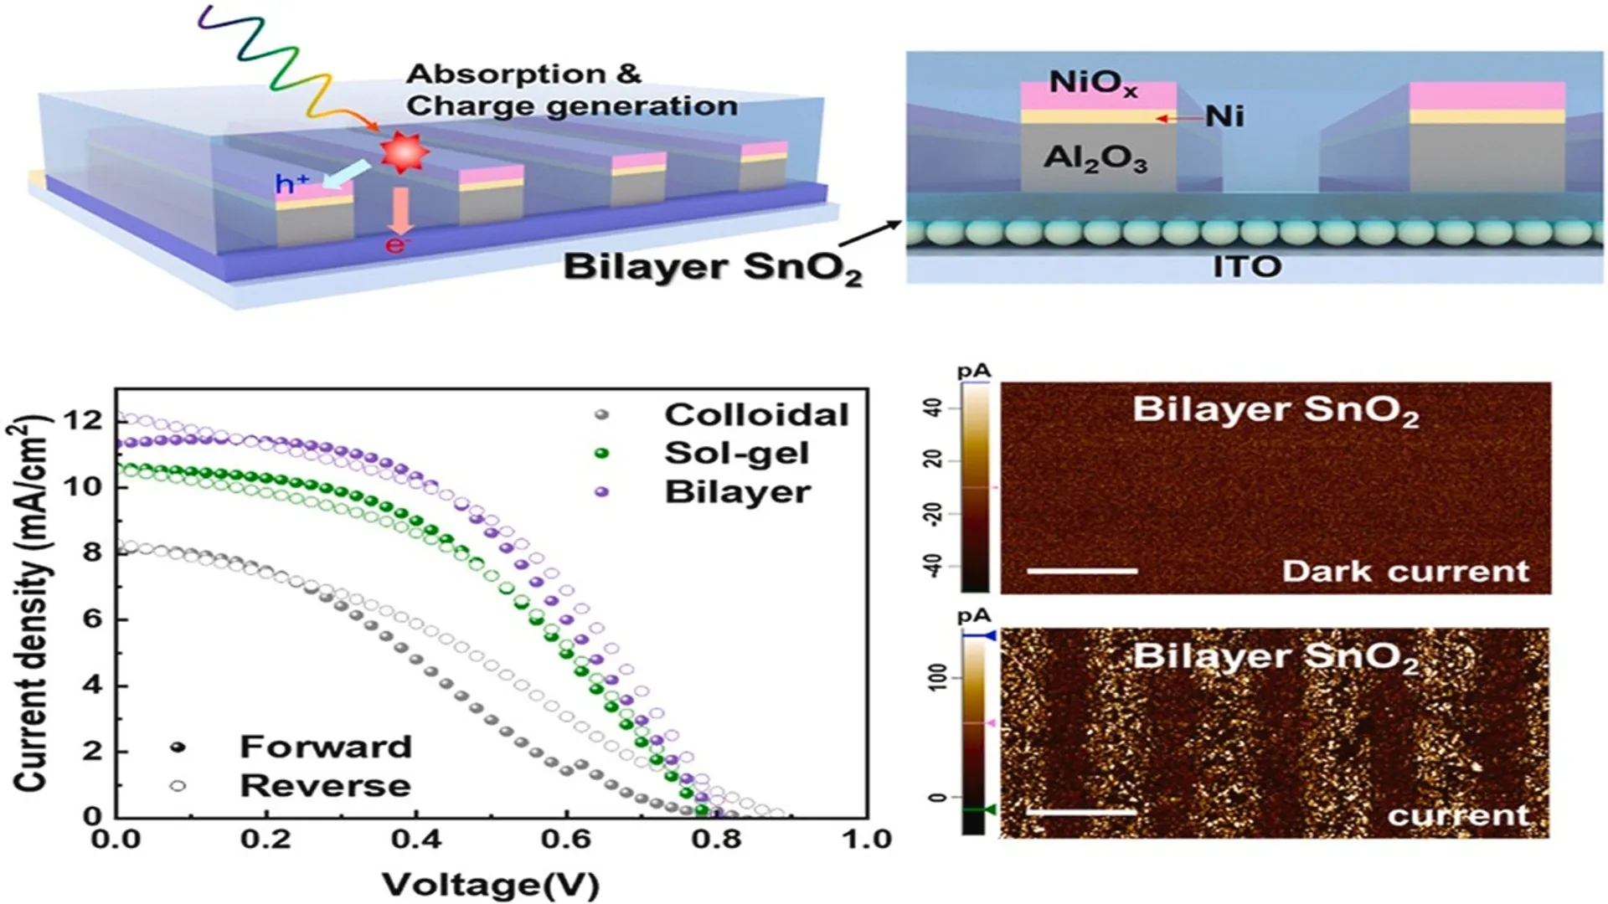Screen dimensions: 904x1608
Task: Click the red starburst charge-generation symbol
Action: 404,152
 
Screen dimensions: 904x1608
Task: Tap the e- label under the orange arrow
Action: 397,245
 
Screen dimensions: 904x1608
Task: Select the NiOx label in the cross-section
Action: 1093,84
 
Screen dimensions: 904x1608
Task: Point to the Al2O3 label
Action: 1095,158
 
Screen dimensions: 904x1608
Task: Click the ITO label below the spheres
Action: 1246,267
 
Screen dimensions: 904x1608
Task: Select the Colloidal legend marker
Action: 601,415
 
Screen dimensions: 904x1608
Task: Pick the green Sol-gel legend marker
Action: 601,454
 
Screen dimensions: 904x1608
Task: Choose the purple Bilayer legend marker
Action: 601,492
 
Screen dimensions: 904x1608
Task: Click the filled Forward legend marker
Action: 178,747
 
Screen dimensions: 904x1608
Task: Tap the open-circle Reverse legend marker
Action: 178,785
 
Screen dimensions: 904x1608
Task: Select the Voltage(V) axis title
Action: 491,885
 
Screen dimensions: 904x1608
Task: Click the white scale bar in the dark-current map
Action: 1081,571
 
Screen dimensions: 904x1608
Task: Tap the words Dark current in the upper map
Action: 1404,572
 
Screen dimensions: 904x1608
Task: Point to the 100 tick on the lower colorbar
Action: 937,677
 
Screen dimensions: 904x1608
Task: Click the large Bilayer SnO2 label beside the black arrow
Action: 712,268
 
